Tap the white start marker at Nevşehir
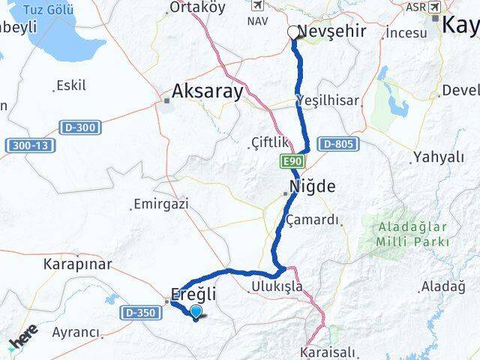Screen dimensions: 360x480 (293, 32)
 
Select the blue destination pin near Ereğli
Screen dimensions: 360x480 (196, 313)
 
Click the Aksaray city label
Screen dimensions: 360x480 (208, 91)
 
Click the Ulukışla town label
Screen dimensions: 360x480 (275, 286)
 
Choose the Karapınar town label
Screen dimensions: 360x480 (77, 265)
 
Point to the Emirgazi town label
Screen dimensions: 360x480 (160, 203)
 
